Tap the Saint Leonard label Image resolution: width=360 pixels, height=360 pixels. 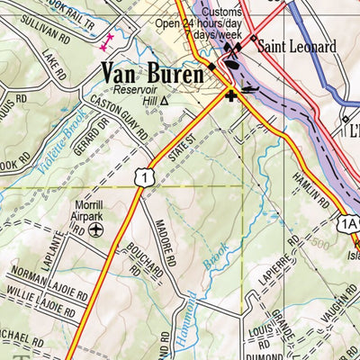[292, 45]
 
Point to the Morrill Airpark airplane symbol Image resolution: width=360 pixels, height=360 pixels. [96, 229]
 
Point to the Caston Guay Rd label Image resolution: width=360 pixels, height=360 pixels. [119, 122]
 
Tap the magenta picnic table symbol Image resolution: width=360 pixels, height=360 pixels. [109, 40]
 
